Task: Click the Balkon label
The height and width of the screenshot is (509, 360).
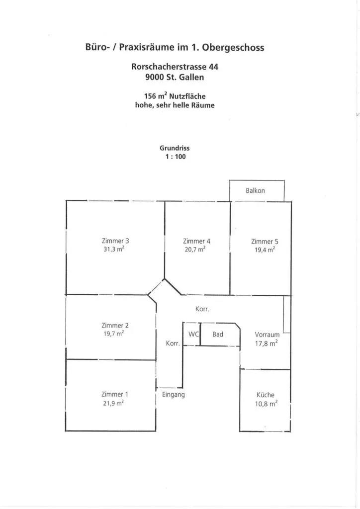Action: click(x=255, y=190)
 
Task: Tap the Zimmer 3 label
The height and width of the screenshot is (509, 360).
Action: click(x=115, y=241)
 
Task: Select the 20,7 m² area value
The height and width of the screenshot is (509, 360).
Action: click(x=195, y=250)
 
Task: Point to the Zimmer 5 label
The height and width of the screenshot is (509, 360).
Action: click(x=265, y=242)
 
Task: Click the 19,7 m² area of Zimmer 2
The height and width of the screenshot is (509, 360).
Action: click(x=114, y=334)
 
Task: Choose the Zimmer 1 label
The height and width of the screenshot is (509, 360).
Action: click(x=115, y=394)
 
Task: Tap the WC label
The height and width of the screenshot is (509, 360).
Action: click(x=193, y=334)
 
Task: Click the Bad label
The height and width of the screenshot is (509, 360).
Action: click(x=218, y=334)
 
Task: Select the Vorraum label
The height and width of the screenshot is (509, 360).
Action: click(x=267, y=335)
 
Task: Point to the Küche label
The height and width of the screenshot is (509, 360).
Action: click(x=266, y=395)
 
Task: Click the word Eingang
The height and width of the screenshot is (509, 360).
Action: click(x=174, y=395)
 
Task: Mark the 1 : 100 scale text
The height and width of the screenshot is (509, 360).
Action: click(x=176, y=157)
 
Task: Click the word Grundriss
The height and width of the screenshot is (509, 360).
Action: click(x=175, y=148)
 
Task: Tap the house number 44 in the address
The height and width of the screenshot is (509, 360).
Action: click(x=214, y=67)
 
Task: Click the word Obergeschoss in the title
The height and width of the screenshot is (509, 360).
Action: click(x=233, y=47)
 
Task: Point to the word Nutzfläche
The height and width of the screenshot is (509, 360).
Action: click(x=187, y=96)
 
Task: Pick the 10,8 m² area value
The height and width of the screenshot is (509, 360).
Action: click(x=266, y=404)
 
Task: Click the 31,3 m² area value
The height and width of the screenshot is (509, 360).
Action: click(x=114, y=250)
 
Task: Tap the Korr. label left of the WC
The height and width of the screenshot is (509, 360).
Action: click(x=173, y=343)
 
